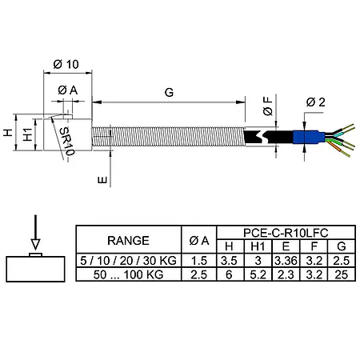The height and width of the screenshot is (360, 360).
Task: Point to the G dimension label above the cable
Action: coord(169,93)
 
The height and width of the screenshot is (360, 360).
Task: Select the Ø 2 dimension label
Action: coord(314,102)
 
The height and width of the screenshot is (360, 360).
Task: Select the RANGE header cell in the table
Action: coord(129,239)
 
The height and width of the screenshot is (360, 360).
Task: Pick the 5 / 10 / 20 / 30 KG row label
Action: coord(129,261)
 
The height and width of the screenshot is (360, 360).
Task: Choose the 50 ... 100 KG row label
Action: coord(129,274)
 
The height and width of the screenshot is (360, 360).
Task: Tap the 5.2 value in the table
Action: coord(257,274)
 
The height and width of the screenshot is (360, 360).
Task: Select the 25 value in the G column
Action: coord(341,274)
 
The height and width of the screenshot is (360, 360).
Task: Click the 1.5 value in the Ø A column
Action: coord(199,261)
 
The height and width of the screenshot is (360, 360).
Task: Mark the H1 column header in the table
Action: coord(257,246)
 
